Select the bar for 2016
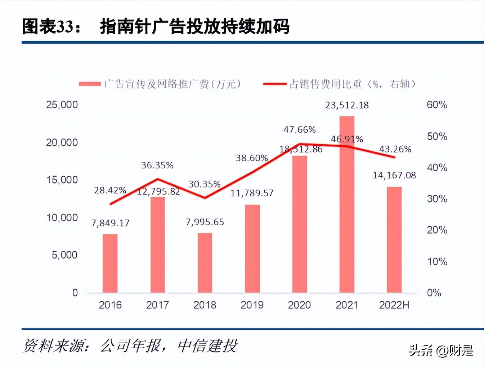(x=110, y=263)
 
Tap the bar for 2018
(x=205, y=263)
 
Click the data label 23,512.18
(x=347, y=105)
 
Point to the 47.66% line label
(x=299, y=130)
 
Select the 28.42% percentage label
(x=110, y=190)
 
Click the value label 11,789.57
(x=252, y=193)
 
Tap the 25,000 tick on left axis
(x=62, y=105)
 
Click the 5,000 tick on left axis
(x=64, y=255)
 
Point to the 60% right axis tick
(x=437, y=105)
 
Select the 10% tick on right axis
(x=437, y=262)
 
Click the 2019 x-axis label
(x=252, y=305)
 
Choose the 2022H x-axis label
(x=394, y=305)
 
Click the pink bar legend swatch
(x=90, y=84)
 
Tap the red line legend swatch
(x=275, y=84)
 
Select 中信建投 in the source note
(x=207, y=346)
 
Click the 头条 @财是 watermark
(x=441, y=350)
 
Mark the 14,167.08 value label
(x=394, y=176)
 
